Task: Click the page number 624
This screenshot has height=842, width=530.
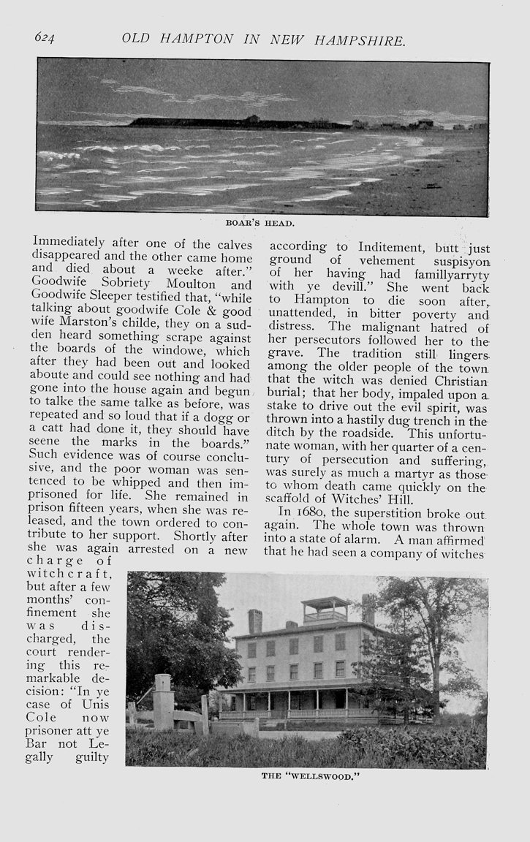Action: [x=45, y=38]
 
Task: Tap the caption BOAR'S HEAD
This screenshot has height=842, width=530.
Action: [x=263, y=224]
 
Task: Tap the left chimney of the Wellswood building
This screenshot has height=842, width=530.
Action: [x=254, y=621]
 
